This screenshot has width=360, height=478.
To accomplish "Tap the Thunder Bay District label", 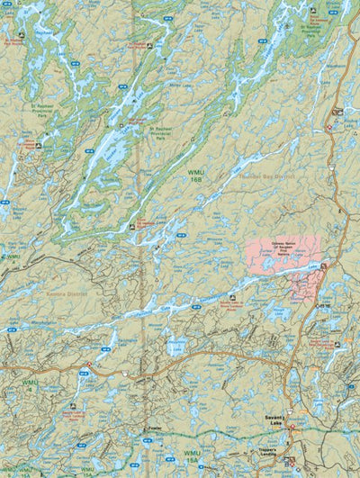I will [269, 177].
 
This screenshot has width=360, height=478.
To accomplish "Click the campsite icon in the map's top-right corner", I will [312, 10].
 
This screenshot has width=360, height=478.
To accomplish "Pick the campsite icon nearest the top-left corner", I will [18, 37].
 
